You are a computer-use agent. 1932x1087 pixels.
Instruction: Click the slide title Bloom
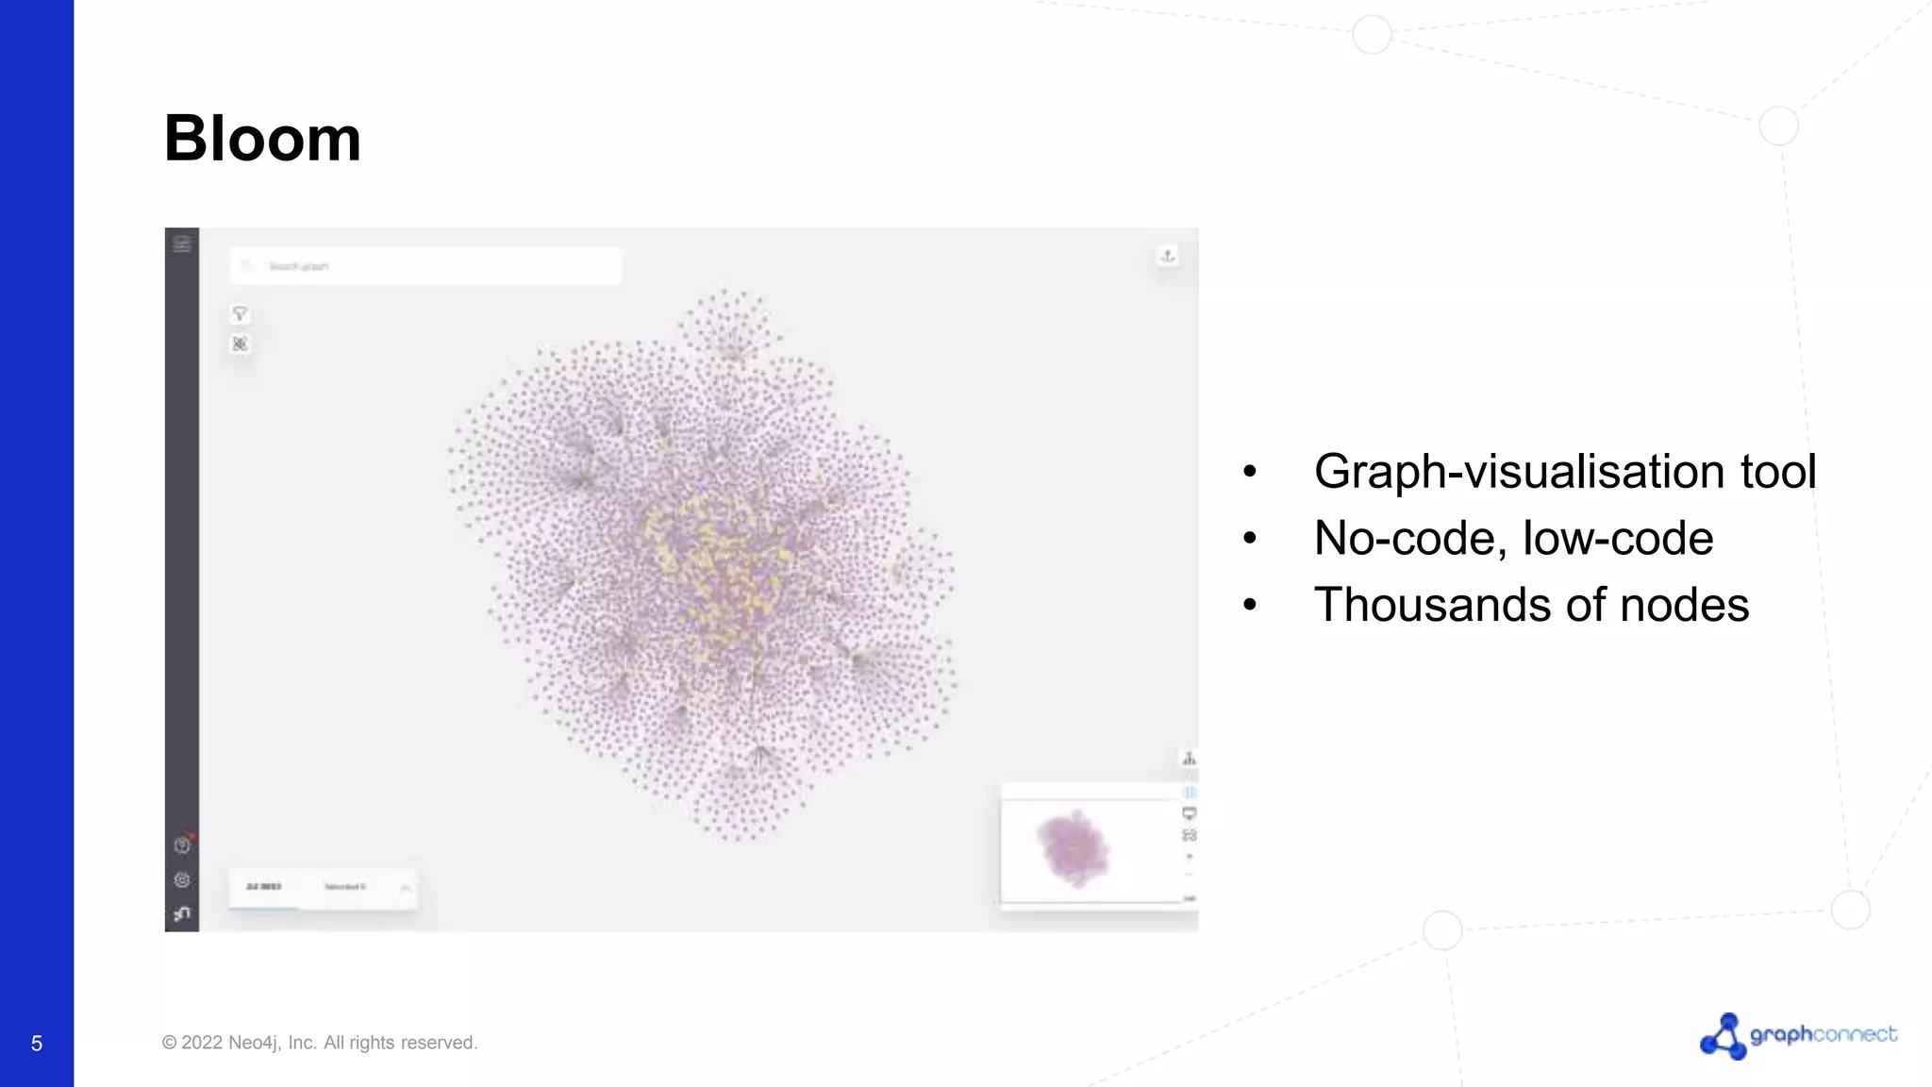click(x=262, y=139)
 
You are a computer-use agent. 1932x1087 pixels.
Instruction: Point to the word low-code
click(x=1617, y=538)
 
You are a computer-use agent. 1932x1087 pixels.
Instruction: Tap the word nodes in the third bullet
click(x=1684, y=605)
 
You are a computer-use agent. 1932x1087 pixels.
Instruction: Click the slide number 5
click(x=37, y=1044)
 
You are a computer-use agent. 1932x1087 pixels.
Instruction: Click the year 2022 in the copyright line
click(x=202, y=1043)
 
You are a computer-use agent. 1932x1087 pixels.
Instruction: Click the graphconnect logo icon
click(x=1723, y=1036)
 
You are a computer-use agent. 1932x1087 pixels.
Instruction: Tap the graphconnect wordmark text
click(x=1823, y=1034)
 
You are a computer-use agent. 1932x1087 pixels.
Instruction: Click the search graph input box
click(x=425, y=266)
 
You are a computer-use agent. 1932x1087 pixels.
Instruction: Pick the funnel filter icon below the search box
click(x=240, y=314)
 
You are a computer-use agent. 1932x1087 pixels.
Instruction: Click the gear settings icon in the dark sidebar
click(x=182, y=879)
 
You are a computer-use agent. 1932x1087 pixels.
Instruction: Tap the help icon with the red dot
click(x=182, y=845)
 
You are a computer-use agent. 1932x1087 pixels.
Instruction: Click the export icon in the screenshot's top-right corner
click(x=1168, y=256)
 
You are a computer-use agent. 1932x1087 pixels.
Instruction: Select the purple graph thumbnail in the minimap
click(x=1074, y=846)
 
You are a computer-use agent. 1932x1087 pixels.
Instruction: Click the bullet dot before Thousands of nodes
click(x=1250, y=605)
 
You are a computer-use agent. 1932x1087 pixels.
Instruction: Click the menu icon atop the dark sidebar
click(x=182, y=244)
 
